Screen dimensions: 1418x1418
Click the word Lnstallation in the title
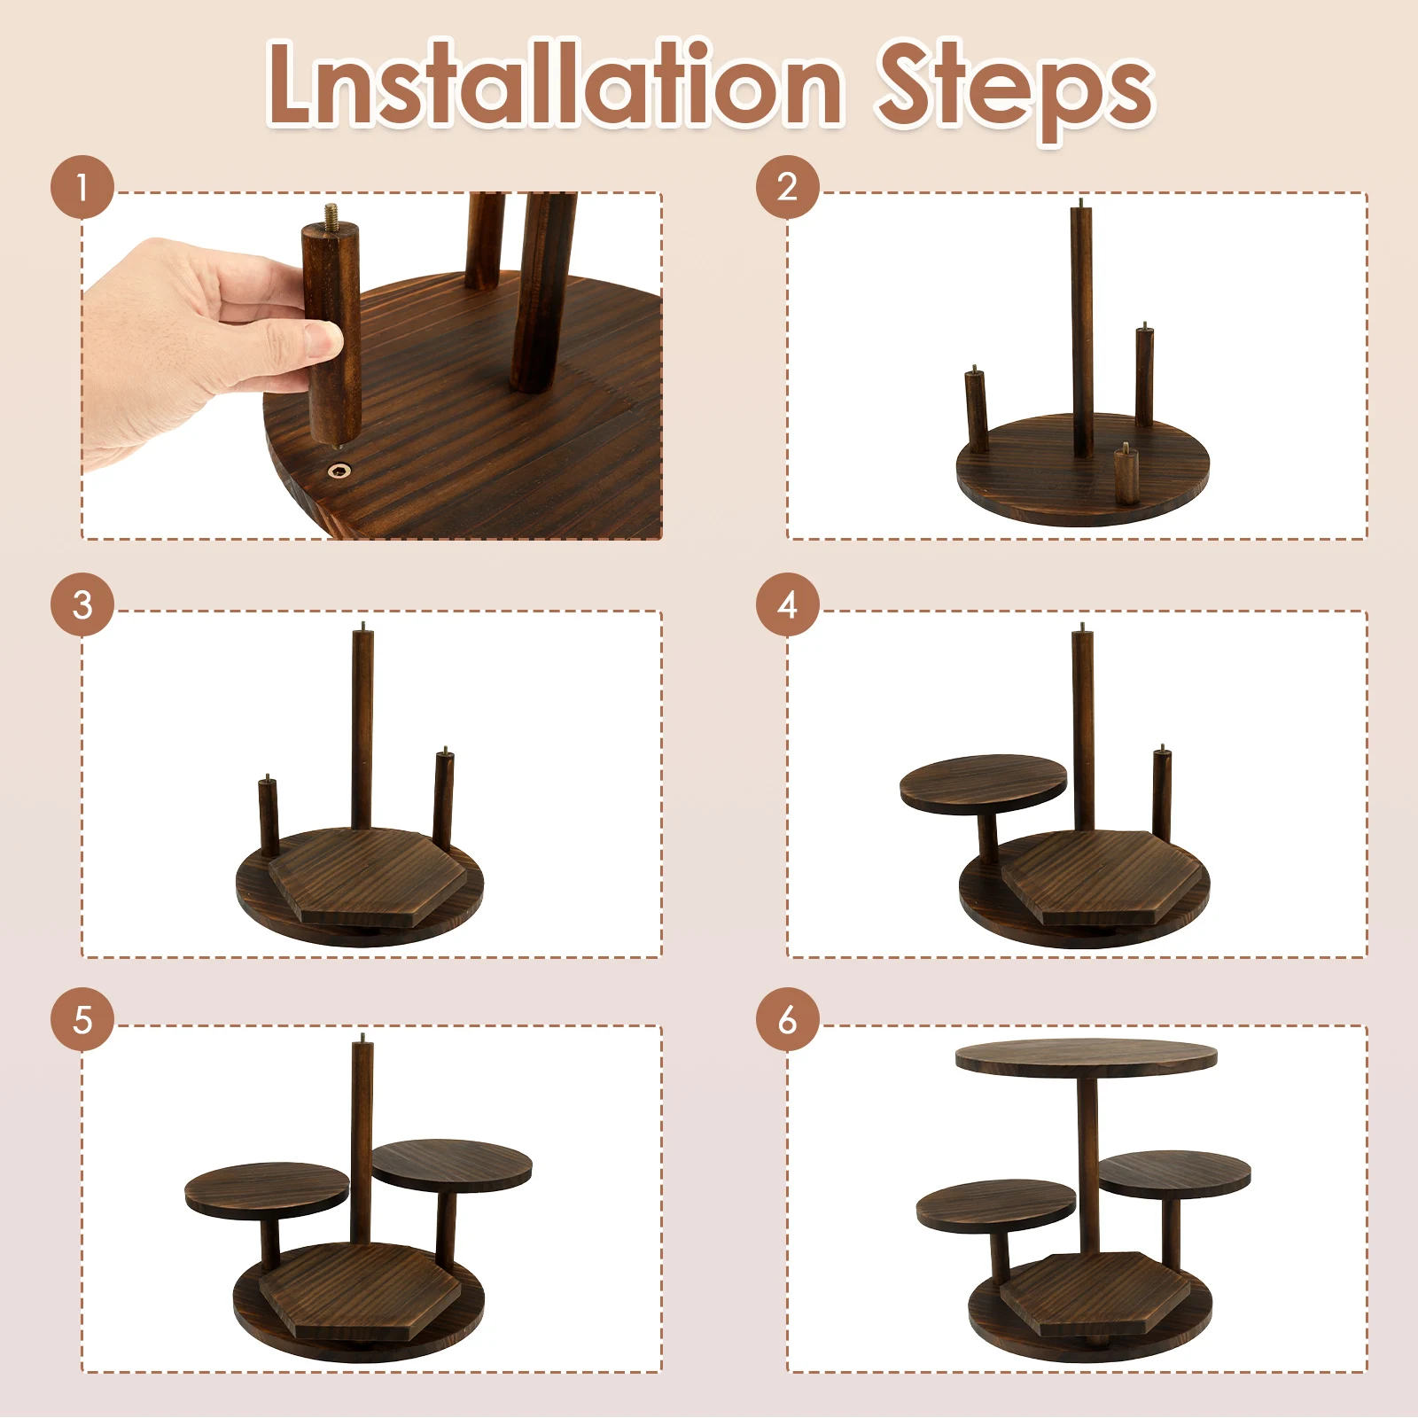pos(555,83)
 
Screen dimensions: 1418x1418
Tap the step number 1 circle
pos(82,187)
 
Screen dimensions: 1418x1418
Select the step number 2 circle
pos(788,187)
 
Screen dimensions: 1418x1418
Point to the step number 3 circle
pos(82,604)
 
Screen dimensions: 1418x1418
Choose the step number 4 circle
pos(788,604)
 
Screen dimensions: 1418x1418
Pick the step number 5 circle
pos(82,1019)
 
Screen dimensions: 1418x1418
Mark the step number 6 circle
pos(788,1019)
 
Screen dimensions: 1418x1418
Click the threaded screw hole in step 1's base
pos(339,470)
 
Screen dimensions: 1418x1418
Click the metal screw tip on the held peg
pos(332,214)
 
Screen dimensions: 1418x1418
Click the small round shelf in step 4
pos(983,783)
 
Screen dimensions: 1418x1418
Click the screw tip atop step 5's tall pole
pos(362,1037)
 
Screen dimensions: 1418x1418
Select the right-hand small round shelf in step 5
pos(452,1165)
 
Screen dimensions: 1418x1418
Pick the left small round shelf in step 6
pos(996,1205)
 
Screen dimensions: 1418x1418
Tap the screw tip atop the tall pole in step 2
pos(1080,204)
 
